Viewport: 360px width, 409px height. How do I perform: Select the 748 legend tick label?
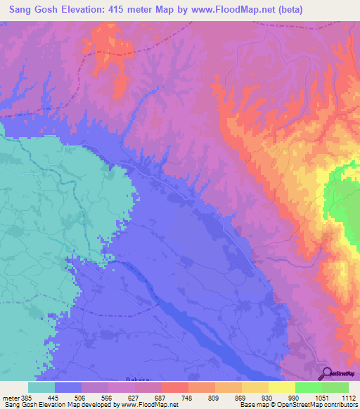188,397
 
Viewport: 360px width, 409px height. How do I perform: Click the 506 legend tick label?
82,397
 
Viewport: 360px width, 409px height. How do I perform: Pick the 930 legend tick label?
269,397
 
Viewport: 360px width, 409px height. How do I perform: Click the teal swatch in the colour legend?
41,387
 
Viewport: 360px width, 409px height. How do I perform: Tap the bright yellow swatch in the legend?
282,387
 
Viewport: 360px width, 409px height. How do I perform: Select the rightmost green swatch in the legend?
335,387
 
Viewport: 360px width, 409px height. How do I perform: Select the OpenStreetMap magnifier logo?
326,373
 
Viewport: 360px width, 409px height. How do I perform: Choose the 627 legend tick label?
135,397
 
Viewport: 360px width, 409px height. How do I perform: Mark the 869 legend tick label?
242,397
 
